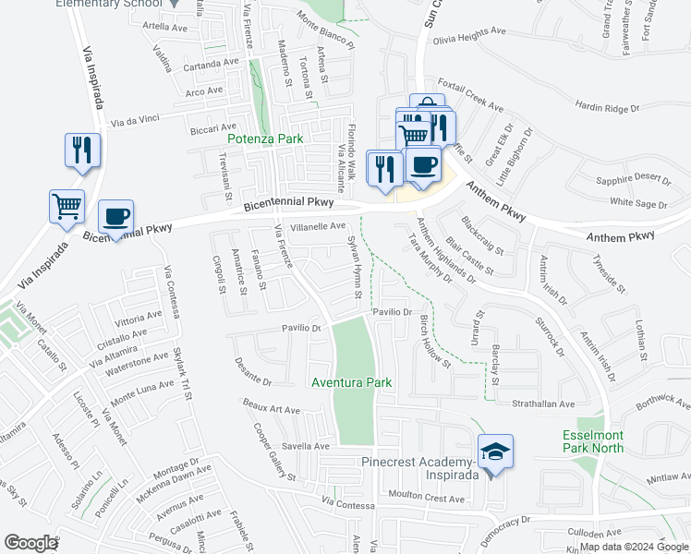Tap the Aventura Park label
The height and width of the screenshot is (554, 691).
click(351, 382)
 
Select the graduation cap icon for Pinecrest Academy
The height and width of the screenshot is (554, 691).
click(495, 452)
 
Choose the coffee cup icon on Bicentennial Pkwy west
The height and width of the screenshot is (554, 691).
click(116, 217)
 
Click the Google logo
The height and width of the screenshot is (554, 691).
click(31, 543)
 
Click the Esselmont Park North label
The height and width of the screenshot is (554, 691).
click(593, 441)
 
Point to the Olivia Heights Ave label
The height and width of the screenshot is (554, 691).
click(470, 30)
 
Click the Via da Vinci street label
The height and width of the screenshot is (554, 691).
click(137, 122)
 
